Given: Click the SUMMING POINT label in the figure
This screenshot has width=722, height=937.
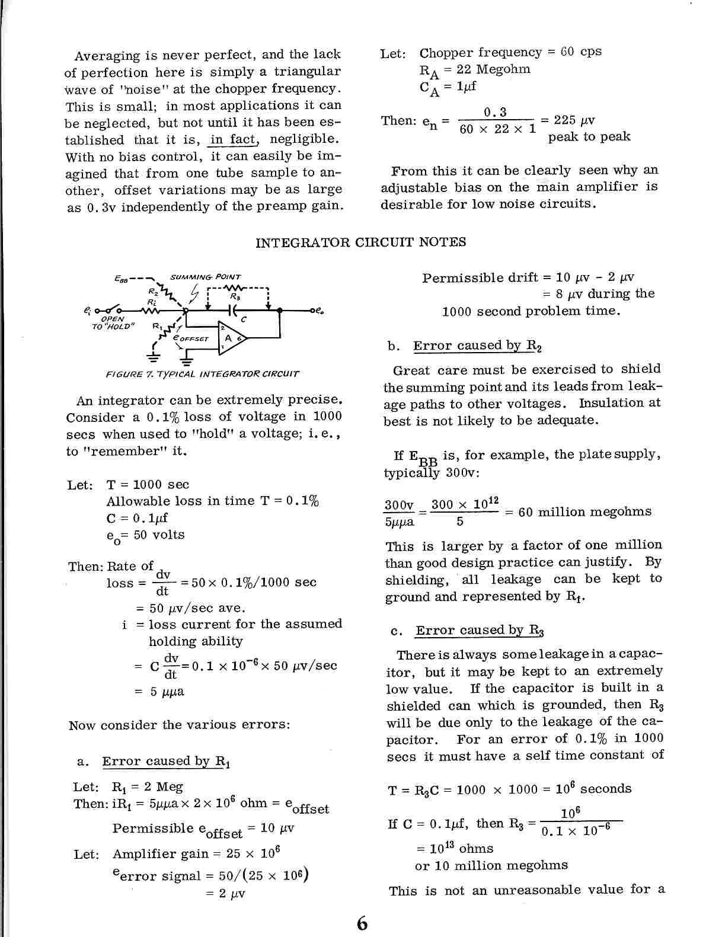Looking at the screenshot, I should pyautogui.click(x=205, y=277).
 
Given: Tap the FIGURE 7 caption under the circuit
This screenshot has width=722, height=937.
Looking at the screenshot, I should pyautogui.click(x=202, y=374).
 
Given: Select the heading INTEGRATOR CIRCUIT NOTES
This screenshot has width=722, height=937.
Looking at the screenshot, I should pyautogui.click(x=360, y=242).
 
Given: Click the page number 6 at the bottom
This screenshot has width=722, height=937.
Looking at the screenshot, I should pyautogui.click(x=362, y=923).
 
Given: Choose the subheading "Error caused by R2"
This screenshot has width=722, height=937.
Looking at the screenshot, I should pyautogui.click(x=477, y=346).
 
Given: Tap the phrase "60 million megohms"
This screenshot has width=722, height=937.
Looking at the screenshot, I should pyautogui.click(x=584, y=512).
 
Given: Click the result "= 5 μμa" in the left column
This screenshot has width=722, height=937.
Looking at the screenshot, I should pyautogui.click(x=160, y=691).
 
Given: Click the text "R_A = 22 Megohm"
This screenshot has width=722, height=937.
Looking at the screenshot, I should pyautogui.click(x=475, y=70).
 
